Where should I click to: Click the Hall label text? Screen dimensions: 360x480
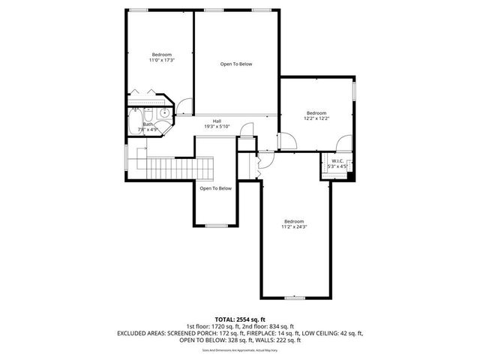point(217,121)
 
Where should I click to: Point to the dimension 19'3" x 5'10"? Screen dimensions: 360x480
point(217,126)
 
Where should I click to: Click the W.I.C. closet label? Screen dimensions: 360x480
point(337,160)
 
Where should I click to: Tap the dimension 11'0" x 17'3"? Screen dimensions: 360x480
point(162,60)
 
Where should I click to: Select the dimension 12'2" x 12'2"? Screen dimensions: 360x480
point(316,118)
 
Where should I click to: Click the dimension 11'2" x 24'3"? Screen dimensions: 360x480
point(294,226)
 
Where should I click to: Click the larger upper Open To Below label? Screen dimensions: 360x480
point(236,64)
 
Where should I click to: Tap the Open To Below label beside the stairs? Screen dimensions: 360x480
point(215,188)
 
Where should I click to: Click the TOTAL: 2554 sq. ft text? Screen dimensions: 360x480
point(239,319)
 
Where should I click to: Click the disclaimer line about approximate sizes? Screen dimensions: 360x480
point(239,349)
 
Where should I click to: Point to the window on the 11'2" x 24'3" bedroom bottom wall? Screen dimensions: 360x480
point(294,298)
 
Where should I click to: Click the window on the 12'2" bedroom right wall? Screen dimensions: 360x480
point(355,91)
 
